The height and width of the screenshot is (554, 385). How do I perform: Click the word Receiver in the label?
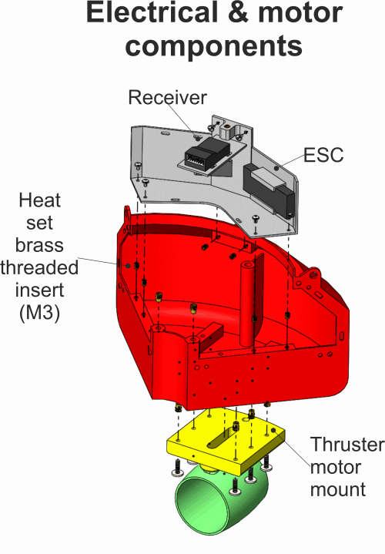click(x=167, y=98)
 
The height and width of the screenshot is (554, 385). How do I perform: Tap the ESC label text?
click(x=323, y=155)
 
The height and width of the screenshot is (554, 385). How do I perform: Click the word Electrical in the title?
click(x=152, y=13)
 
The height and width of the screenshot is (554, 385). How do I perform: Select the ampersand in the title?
click(x=238, y=13)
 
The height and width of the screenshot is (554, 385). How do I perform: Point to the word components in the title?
click(x=214, y=46)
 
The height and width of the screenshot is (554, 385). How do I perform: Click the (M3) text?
click(x=39, y=312)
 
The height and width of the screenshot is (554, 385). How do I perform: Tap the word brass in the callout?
click(x=39, y=245)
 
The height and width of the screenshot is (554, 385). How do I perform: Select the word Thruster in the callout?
click(x=347, y=444)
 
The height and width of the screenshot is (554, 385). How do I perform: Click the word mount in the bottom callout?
click(x=338, y=489)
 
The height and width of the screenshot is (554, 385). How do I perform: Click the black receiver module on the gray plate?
click(x=207, y=153)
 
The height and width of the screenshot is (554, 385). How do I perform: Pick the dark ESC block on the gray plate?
click(x=269, y=189)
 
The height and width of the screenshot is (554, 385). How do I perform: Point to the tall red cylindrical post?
click(x=248, y=304)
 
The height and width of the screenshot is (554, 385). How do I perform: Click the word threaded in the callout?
click(x=39, y=267)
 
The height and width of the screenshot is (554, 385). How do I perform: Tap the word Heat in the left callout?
click(x=39, y=200)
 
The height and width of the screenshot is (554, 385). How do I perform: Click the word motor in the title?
click(x=300, y=13)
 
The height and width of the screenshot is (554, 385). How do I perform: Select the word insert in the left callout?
click(x=39, y=290)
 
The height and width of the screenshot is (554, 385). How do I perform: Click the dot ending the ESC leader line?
click(x=276, y=168)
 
